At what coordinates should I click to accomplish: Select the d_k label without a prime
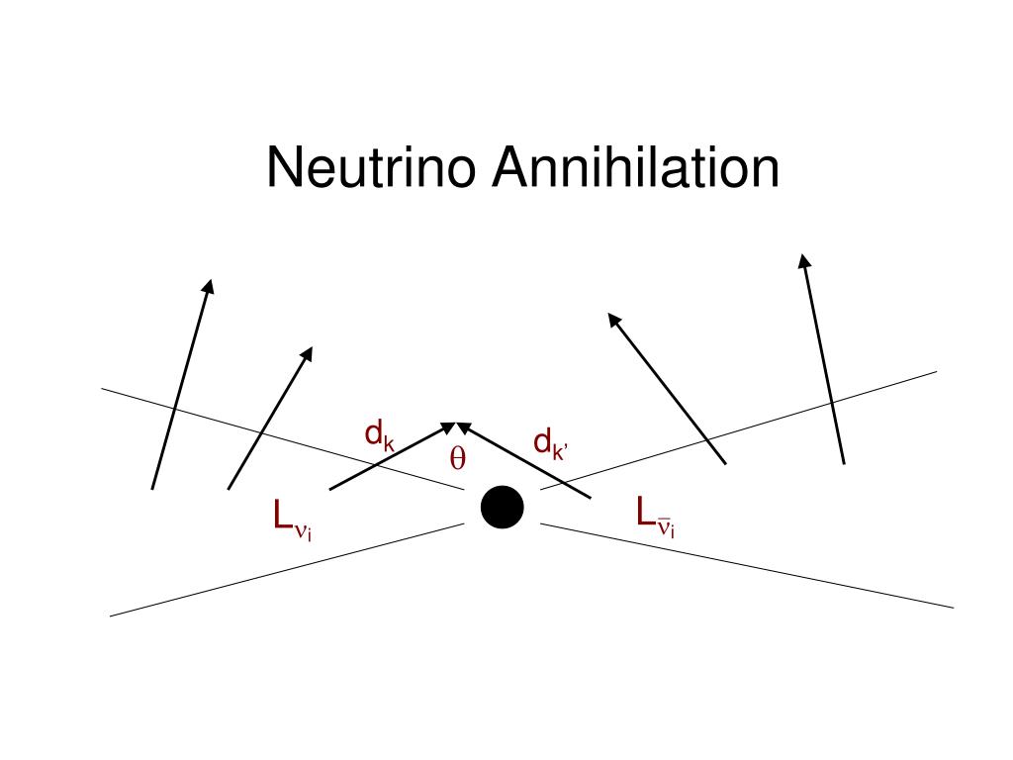(380, 435)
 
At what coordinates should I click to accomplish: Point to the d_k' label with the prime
(550, 444)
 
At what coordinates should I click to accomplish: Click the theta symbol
(458, 459)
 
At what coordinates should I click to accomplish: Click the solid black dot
(502, 508)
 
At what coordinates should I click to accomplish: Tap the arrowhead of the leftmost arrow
(208, 286)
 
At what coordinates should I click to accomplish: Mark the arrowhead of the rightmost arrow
(803, 261)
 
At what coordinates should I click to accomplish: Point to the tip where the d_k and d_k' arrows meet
(454, 425)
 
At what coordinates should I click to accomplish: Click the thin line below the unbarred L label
(287, 569)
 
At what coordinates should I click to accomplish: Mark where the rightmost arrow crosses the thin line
(831, 401)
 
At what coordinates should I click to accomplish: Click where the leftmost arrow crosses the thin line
(175, 408)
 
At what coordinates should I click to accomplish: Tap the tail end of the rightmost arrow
(843, 462)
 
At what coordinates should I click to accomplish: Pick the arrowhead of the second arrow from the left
(308, 353)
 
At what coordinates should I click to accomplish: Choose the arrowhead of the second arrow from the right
(613, 320)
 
